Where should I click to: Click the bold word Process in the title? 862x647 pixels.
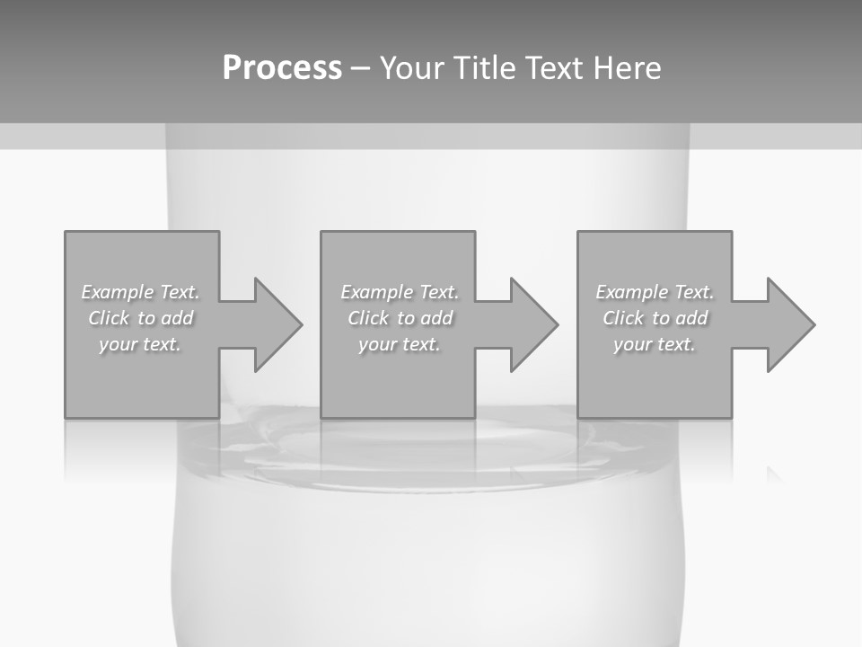tap(282, 68)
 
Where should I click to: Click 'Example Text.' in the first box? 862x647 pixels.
tap(140, 292)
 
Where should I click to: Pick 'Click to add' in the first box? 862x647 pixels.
tap(140, 318)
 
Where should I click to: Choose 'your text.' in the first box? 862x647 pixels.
tap(140, 344)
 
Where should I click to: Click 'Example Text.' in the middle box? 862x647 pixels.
tap(399, 292)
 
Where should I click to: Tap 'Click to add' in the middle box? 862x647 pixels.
tap(399, 318)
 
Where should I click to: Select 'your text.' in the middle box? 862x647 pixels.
tap(399, 344)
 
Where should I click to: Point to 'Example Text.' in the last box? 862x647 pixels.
tap(655, 292)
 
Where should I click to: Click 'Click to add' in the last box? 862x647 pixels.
tap(655, 318)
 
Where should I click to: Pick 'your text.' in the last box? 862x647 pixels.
tap(655, 344)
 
